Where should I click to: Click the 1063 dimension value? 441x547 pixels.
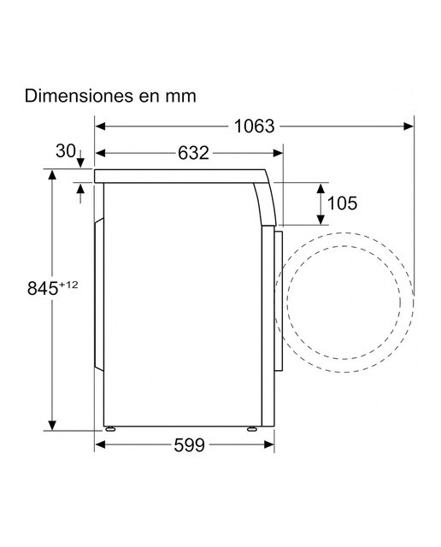click(254, 126)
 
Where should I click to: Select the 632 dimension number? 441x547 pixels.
click(193, 153)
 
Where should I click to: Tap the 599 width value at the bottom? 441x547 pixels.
click(189, 444)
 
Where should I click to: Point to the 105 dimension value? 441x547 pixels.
click(342, 203)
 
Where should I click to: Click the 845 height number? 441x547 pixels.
click(43, 289)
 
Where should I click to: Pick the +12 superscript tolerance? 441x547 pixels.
click(68, 285)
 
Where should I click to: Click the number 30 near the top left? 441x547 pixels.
click(66, 151)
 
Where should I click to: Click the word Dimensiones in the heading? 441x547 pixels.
click(79, 96)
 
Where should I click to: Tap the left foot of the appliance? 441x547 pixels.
click(110, 429)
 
